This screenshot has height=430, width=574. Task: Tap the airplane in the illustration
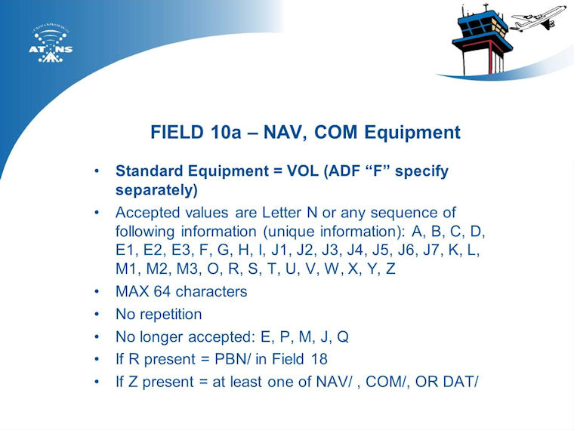[x=538, y=19]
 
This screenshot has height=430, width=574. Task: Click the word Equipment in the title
[x=412, y=133]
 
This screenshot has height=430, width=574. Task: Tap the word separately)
[x=156, y=190]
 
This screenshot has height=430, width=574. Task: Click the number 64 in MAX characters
[x=162, y=292]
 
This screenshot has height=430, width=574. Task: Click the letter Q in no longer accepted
[x=342, y=337]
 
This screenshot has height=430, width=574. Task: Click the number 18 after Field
[x=319, y=359]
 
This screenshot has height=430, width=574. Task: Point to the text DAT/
[x=461, y=382]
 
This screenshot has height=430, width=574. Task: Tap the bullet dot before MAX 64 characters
[x=97, y=292]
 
